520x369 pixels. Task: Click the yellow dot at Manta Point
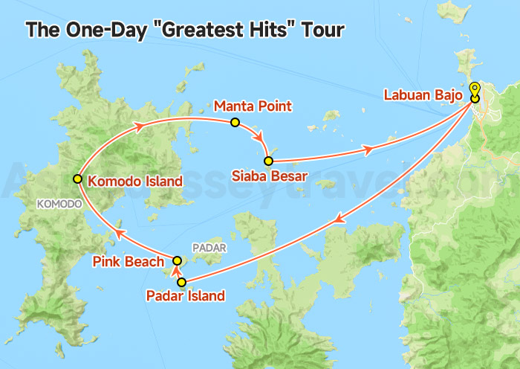click(235, 122)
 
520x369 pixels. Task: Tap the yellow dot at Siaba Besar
click(268, 161)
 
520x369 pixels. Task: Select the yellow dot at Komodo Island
click(77, 179)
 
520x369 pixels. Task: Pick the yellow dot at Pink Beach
click(177, 260)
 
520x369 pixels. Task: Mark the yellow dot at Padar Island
click(181, 282)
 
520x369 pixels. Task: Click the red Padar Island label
click(186, 296)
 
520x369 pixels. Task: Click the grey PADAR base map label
click(207, 248)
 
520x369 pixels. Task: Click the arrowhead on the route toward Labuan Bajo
click(367, 150)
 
